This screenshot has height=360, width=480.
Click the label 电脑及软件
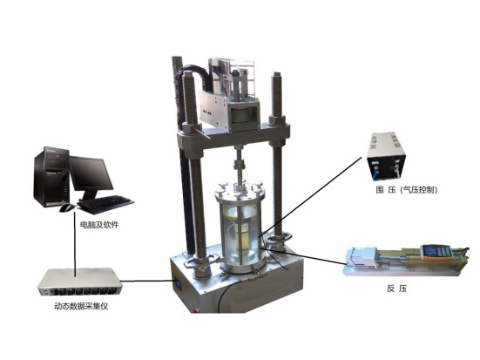99,225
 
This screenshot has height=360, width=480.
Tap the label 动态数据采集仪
81,306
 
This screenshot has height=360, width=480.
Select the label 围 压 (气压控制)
407,190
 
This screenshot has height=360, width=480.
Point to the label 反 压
396,289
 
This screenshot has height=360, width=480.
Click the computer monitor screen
90,173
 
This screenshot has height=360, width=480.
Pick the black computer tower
51,176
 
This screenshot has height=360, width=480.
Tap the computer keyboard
105,203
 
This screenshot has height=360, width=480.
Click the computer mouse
67,207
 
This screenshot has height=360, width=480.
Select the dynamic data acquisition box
80,282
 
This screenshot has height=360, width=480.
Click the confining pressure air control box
387,156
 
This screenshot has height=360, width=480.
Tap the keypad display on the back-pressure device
433,251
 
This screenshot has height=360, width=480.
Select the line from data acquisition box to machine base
148,281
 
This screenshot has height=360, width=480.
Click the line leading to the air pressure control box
311,197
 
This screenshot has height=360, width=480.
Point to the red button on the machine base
194,310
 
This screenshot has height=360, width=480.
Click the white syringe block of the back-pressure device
362,257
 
